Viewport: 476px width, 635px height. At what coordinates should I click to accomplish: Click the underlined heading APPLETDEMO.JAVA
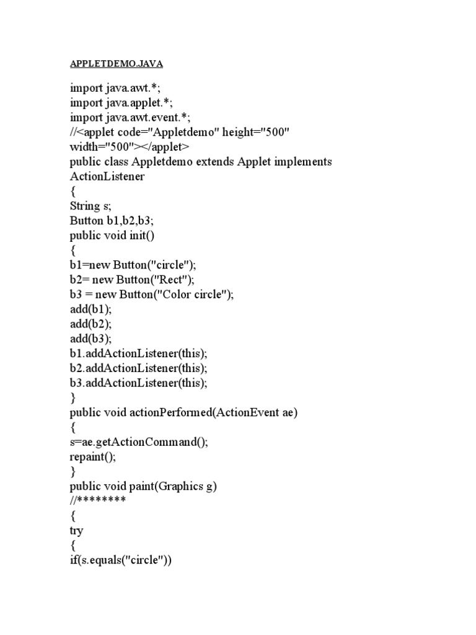pyautogui.click(x=116, y=63)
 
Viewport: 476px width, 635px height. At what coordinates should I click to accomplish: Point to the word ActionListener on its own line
pyautogui.click(x=107, y=177)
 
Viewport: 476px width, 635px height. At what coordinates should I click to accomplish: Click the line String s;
pyautogui.click(x=90, y=206)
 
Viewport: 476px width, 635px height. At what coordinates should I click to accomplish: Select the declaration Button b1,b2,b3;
pyautogui.click(x=112, y=221)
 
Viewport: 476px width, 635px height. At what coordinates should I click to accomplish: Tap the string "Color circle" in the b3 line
pyautogui.click(x=195, y=295)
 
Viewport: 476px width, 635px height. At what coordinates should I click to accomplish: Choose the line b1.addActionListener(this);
pyautogui.click(x=138, y=353)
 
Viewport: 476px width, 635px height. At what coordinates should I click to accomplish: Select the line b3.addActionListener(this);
pyautogui.click(x=138, y=383)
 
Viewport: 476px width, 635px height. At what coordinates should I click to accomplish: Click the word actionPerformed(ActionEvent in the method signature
pyautogui.click(x=204, y=412)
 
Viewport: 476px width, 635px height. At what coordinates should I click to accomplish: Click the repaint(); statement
pyautogui.click(x=93, y=457)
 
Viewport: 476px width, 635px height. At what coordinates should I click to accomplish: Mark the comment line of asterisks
pyautogui.click(x=98, y=500)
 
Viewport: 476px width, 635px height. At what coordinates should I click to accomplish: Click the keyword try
pyautogui.click(x=77, y=531)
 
